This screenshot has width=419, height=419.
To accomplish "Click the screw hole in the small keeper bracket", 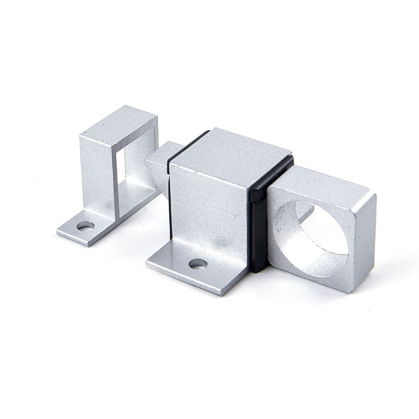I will pos(85,226).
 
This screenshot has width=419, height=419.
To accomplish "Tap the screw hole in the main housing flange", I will pos(197,263).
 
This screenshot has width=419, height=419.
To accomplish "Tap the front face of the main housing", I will pos(210,210).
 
